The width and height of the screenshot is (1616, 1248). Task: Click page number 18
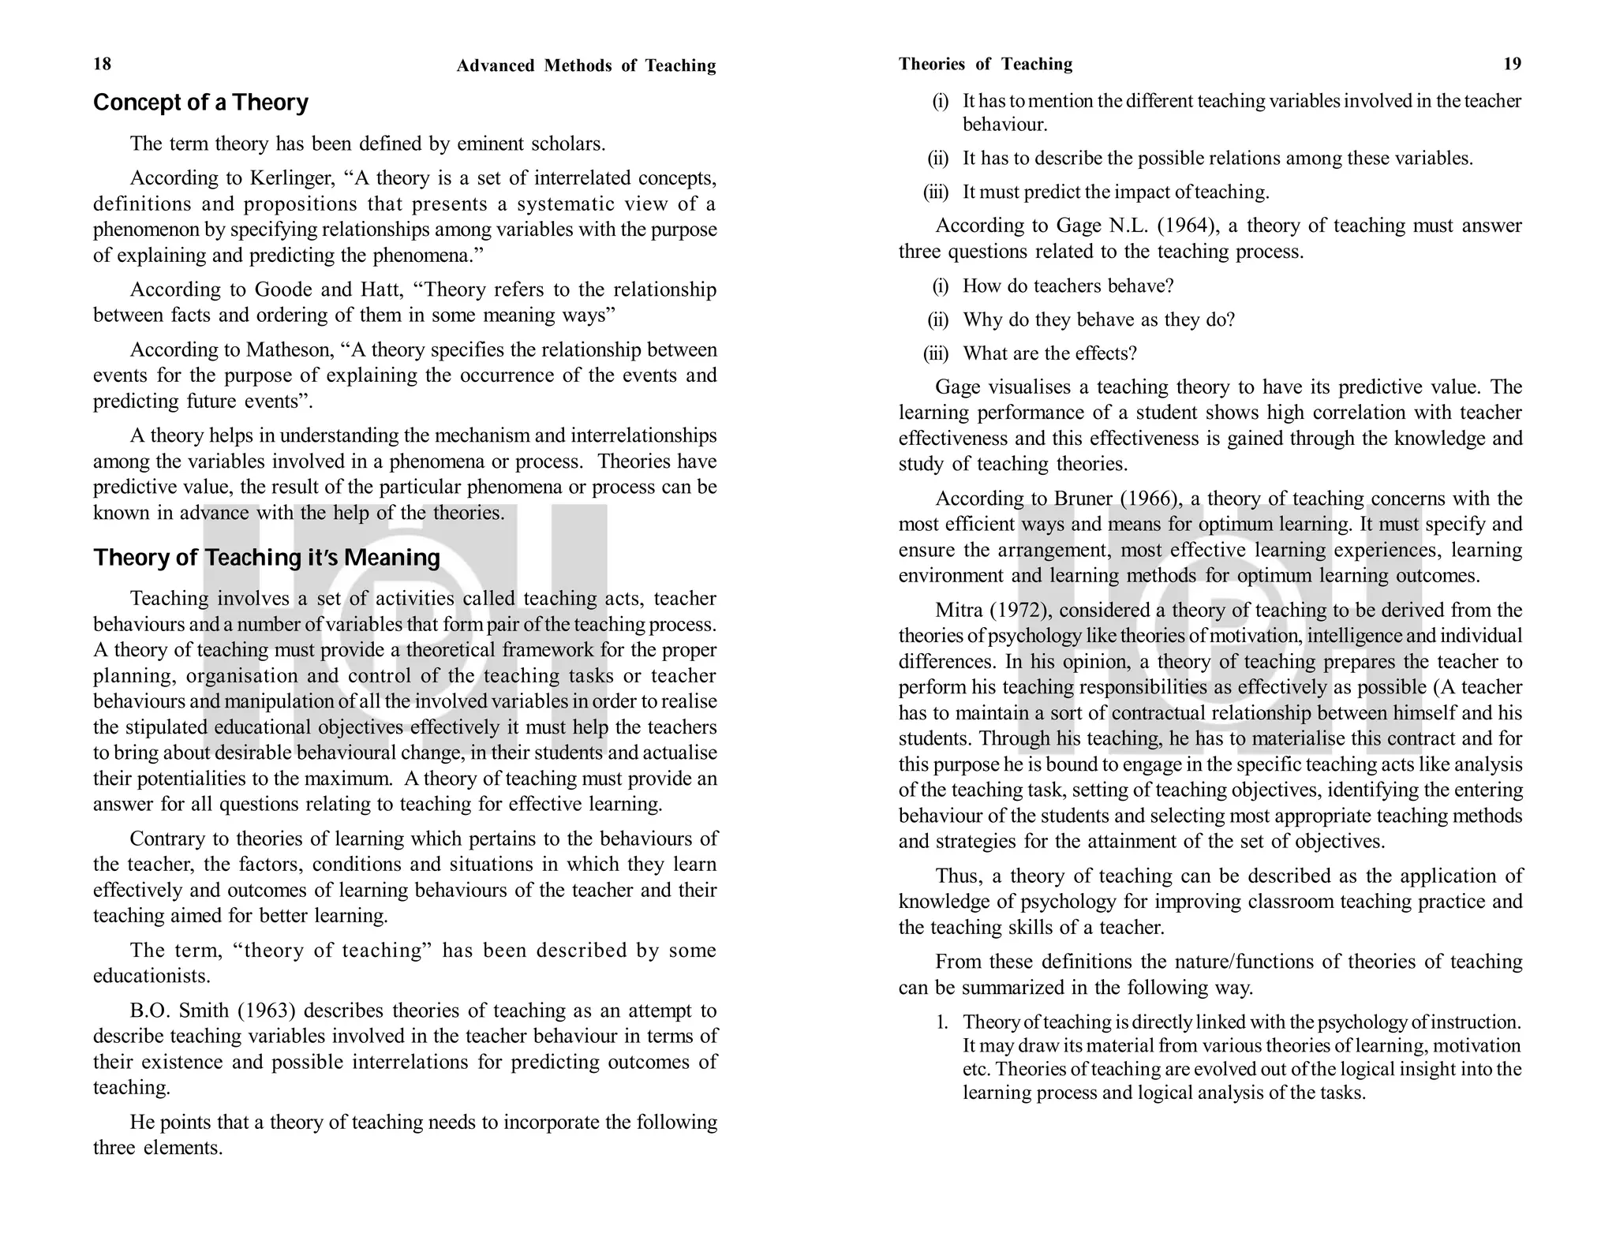[x=103, y=64]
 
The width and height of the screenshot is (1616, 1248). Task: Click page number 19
[x=1512, y=64]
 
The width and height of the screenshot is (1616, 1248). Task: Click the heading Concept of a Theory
[x=200, y=103]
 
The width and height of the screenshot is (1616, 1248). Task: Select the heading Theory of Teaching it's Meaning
[x=267, y=558]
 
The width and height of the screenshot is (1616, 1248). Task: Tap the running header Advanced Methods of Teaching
[x=585, y=65]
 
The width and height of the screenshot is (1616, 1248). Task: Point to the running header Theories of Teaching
[x=985, y=64]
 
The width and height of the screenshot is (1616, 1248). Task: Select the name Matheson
[x=290, y=349]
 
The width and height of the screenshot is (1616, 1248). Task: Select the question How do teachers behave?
[x=1068, y=286]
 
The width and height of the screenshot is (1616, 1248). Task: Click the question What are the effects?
[x=1049, y=353]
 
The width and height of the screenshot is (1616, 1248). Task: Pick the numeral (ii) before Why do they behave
[x=937, y=319]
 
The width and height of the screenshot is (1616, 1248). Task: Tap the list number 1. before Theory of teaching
[x=942, y=1022]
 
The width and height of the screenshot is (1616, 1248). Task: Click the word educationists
[x=151, y=976]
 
